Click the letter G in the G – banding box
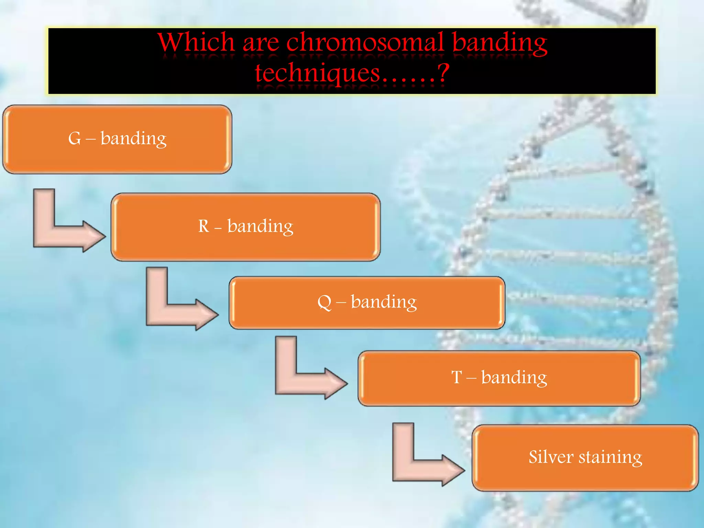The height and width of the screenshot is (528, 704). click(75, 139)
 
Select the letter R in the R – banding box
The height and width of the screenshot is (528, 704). click(203, 227)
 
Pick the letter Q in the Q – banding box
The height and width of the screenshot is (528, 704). click(324, 302)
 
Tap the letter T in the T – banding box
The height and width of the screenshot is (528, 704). click(456, 377)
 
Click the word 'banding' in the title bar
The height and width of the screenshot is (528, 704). click(499, 43)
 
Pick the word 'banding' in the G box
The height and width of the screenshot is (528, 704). click(133, 139)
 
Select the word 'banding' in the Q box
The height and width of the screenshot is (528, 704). click(384, 302)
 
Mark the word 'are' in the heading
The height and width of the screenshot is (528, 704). click(261, 43)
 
